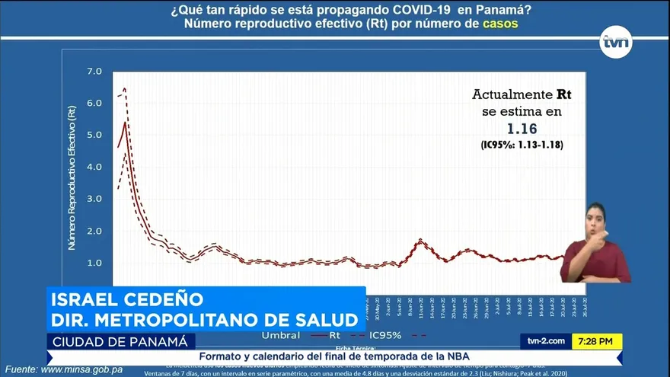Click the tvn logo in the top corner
[x=617, y=42]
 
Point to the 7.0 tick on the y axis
[x=94, y=72]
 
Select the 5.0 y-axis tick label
[x=94, y=136]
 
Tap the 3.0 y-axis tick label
[x=94, y=199]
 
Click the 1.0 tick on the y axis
[x=94, y=263]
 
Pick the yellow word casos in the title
[x=500, y=24]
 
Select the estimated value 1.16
[x=522, y=129]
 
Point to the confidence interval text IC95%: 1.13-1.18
[x=522, y=145]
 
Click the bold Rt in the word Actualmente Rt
[x=564, y=95]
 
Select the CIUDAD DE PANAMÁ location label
[x=120, y=340]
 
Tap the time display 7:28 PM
[x=597, y=341]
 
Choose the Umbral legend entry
[x=280, y=334]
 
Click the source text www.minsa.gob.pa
[x=81, y=369]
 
